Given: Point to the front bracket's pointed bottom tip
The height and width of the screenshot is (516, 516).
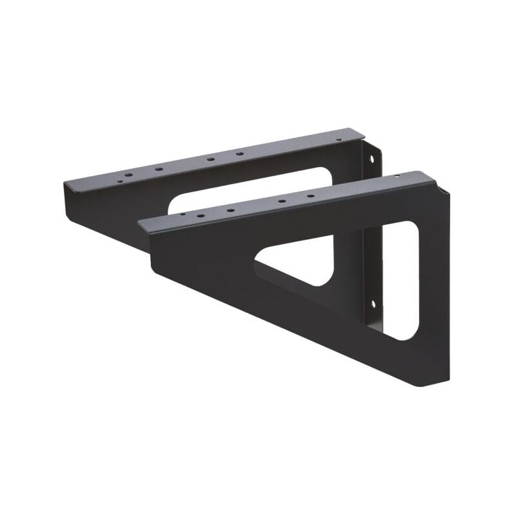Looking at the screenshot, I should coord(422,382).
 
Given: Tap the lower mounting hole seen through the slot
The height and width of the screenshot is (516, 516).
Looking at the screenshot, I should coord(373,303).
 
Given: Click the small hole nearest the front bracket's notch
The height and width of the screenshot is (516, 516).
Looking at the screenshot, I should coord(396,176).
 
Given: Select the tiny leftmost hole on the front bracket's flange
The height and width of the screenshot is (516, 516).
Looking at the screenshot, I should coord(183,213).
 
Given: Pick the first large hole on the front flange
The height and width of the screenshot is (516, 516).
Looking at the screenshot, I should coord(201,215).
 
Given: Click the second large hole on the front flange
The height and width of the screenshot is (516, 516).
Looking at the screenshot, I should coord(230,210).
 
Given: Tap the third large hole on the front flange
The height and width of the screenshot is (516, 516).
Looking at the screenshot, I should coord(282,201).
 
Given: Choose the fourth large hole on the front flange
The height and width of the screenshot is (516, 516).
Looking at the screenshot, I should coord(310,196).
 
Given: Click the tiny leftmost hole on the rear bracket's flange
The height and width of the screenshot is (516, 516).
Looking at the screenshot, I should coord(119,181).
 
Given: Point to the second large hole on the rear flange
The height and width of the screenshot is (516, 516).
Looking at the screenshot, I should coord(159,169).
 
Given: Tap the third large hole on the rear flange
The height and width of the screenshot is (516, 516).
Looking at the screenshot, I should coord(210,159).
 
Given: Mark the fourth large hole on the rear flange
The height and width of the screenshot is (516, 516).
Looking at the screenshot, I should coord(239,154).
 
